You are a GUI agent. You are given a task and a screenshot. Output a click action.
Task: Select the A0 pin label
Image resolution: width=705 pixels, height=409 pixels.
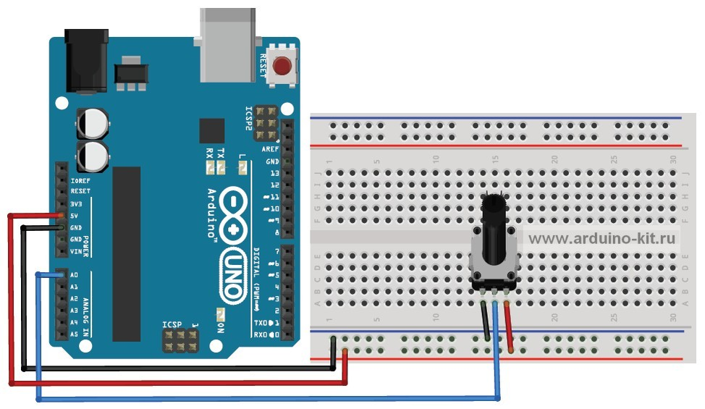coord(75,276)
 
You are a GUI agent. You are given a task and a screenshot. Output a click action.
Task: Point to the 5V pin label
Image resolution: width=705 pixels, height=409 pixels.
coord(75,216)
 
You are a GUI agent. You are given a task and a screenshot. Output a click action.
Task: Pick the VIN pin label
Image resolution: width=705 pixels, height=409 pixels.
coord(76,251)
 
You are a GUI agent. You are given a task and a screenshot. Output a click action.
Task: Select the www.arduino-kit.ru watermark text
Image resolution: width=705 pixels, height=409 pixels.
coord(601,237)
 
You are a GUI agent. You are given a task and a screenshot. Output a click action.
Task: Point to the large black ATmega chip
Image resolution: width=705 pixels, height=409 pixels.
coord(126,253)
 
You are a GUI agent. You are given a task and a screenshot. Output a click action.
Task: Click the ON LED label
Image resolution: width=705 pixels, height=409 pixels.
coord(220,330)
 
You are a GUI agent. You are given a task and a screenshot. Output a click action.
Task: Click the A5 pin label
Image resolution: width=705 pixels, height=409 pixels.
coord(75,334)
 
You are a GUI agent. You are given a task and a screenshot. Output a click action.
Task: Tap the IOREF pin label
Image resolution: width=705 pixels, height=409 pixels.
coord(80,180)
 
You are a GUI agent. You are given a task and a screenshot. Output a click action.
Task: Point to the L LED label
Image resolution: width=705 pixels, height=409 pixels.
coord(242,157)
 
